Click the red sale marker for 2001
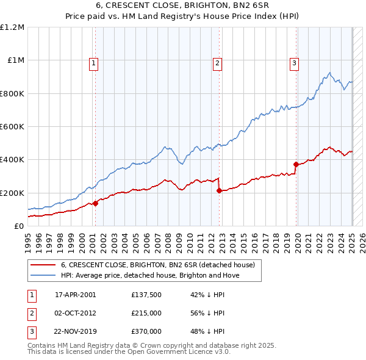point(95,203)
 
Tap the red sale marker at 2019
point(296,164)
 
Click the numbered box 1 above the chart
point(94,62)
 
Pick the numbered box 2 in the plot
point(217,62)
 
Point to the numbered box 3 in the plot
point(294,62)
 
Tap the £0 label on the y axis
point(20,226)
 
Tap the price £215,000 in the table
point(146,313)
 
